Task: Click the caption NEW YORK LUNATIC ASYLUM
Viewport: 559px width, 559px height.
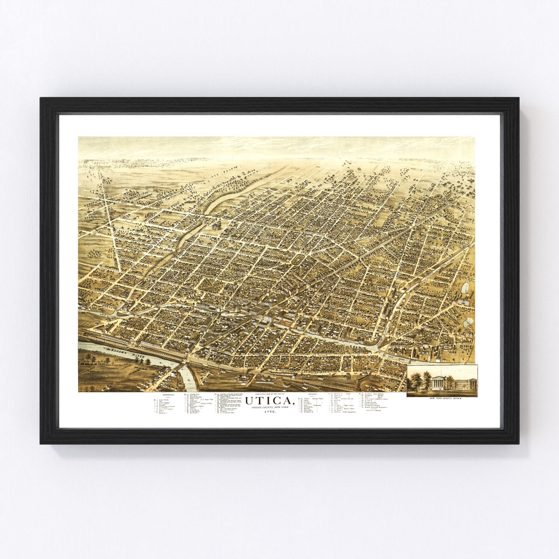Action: [442, 399]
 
